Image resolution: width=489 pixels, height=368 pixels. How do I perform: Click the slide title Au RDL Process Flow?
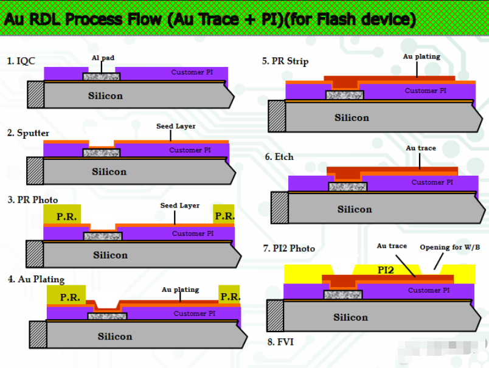210,19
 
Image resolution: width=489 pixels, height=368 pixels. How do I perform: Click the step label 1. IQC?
21,61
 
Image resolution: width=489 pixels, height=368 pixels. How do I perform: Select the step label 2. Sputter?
29,133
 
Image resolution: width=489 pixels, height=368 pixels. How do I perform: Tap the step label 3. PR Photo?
33,200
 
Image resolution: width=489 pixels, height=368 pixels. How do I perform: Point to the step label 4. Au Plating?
36,279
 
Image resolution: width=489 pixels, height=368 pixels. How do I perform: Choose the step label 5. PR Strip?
285,61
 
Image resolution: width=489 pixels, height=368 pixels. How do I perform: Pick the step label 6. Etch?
279,157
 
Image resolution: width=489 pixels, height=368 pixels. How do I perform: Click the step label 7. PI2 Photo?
289,248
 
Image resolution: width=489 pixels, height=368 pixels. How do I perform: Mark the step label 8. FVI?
281,342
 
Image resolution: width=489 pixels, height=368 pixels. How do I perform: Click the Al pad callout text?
103,58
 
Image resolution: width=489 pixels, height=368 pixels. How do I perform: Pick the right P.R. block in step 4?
230,297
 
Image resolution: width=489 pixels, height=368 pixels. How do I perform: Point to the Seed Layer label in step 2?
176,127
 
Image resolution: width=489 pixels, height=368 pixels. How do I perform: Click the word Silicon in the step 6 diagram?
355,209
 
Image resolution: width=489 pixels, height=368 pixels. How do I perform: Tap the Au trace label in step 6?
421,148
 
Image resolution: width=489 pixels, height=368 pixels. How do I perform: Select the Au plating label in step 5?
421,57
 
